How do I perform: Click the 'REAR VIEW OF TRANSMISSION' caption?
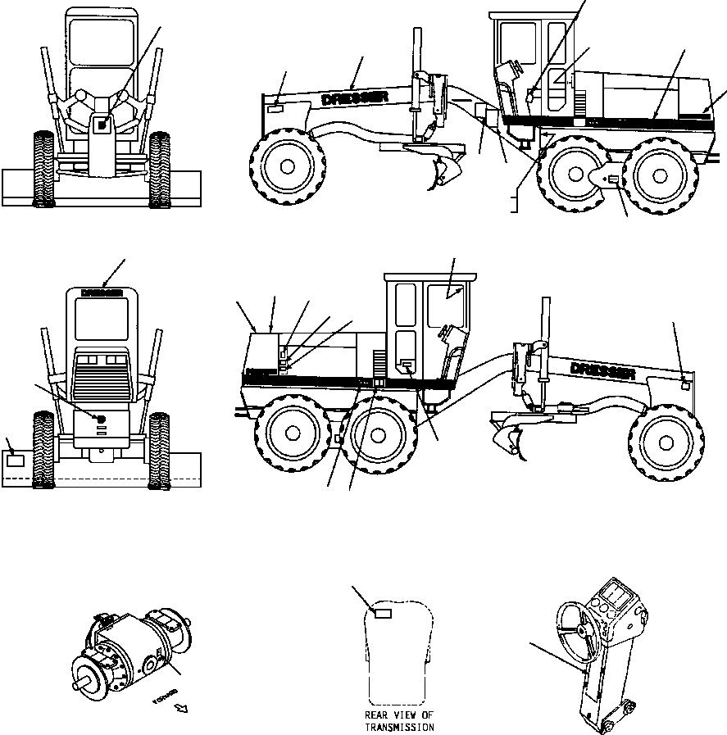(399, 721)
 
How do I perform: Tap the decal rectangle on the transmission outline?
(383, 613)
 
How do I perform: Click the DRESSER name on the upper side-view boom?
(356, 98)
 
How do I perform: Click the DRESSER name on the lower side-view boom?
(604, 370)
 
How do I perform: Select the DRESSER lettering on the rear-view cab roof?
(102, 292)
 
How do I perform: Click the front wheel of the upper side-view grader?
(287, 166)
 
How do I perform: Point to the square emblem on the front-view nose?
(102, 125)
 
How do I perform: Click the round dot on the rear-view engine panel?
(102, 419)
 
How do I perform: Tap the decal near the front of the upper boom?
(276, 107)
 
